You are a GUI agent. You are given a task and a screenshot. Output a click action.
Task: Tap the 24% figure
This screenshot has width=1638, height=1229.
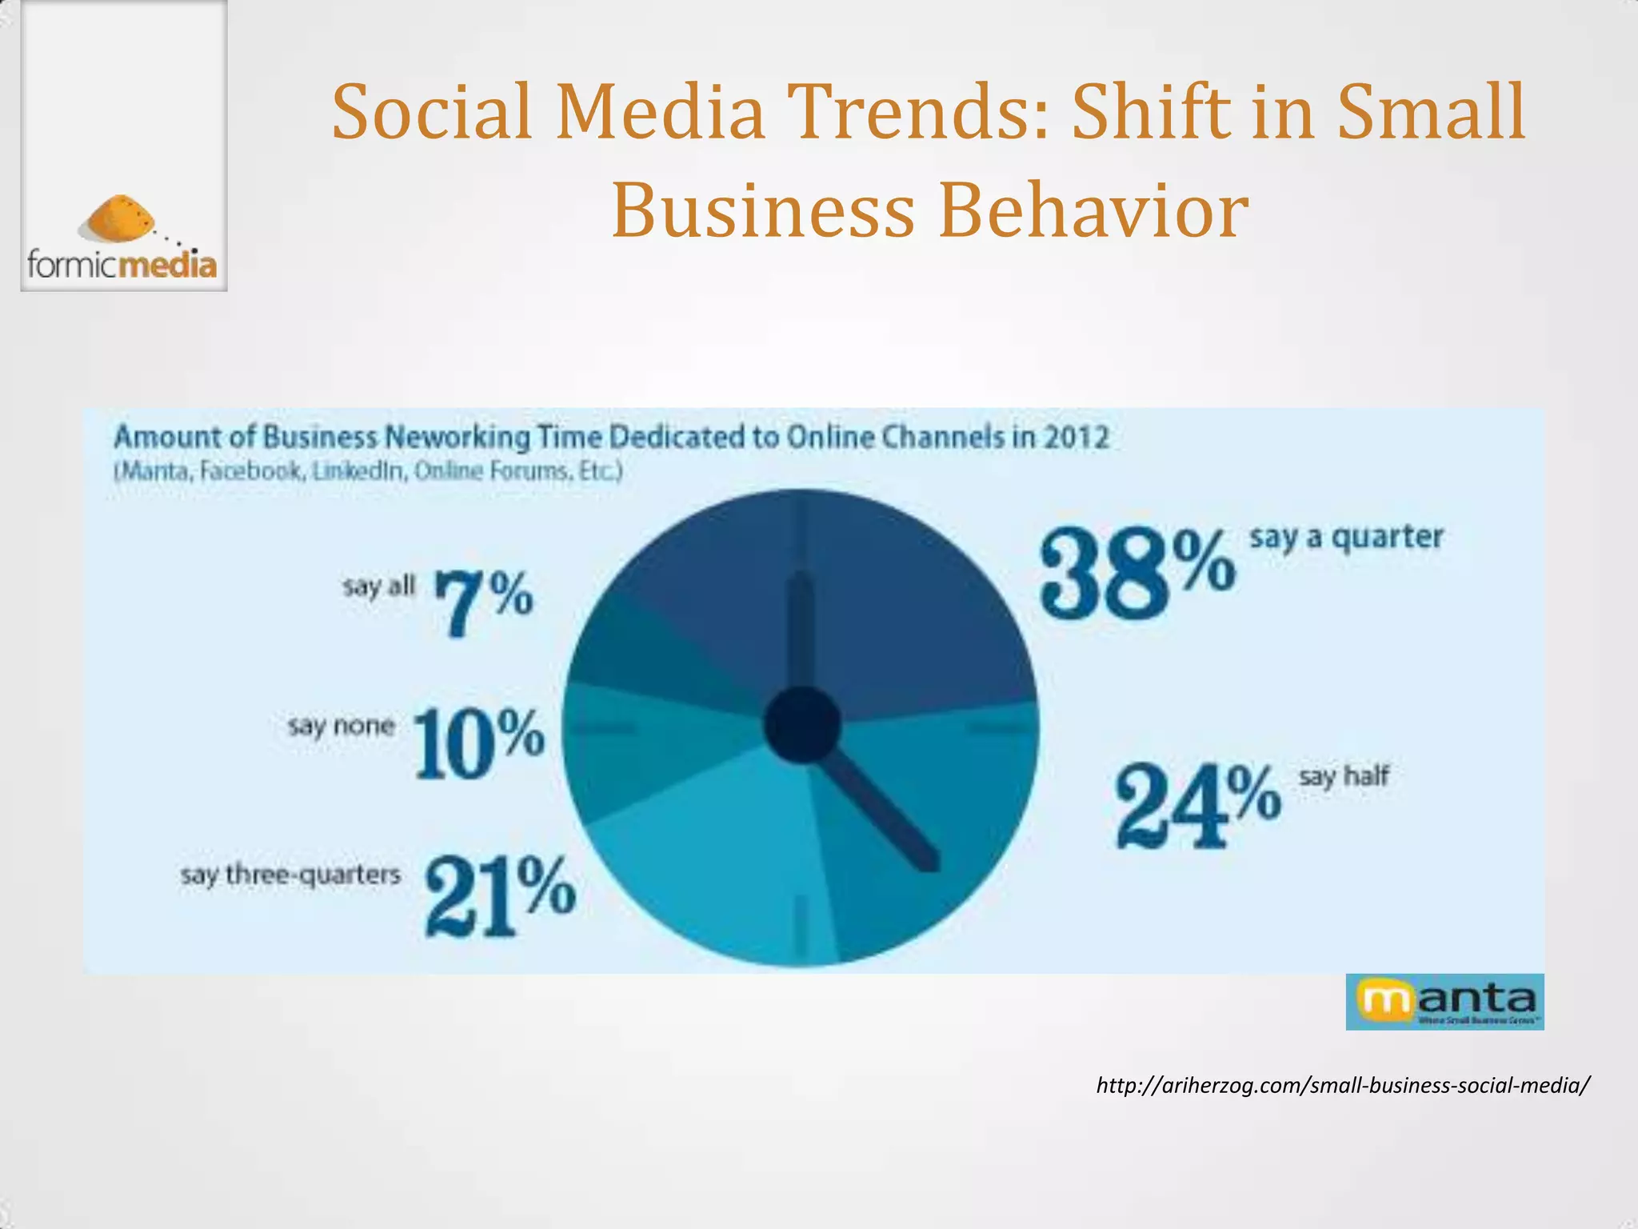point(1197,806)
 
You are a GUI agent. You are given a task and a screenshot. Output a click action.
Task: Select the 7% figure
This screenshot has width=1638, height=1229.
point(483,602)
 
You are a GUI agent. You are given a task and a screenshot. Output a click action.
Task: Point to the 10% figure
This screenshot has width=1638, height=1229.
point(479,743)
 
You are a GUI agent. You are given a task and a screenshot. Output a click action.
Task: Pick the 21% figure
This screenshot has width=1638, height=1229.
point(499,895)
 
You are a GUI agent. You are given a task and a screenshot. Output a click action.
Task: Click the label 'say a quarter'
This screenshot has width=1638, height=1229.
point(1346,537)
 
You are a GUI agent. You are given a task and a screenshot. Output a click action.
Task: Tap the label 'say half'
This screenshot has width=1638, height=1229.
point(1344,776)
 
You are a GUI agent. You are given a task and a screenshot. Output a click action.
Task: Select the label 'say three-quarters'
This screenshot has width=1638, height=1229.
point(290,875)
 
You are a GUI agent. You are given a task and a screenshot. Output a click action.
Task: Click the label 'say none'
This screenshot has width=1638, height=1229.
point(342,726)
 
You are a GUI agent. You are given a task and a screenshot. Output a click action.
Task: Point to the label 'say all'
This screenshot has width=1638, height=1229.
point(379,586)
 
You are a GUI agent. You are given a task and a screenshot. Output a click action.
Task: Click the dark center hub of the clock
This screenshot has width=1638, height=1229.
point(801,725)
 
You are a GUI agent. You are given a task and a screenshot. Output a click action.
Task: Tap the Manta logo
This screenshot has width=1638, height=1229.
point(1444,1001)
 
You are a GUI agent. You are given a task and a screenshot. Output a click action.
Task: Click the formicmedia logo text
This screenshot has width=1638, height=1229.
point(122,265)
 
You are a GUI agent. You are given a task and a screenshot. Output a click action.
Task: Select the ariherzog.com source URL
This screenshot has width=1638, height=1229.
point(1343,1086)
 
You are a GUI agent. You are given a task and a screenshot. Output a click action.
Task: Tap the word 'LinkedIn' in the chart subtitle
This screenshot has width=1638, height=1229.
point(358,471)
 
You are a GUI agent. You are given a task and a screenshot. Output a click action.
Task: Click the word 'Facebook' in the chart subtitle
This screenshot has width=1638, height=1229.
point(251,471)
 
